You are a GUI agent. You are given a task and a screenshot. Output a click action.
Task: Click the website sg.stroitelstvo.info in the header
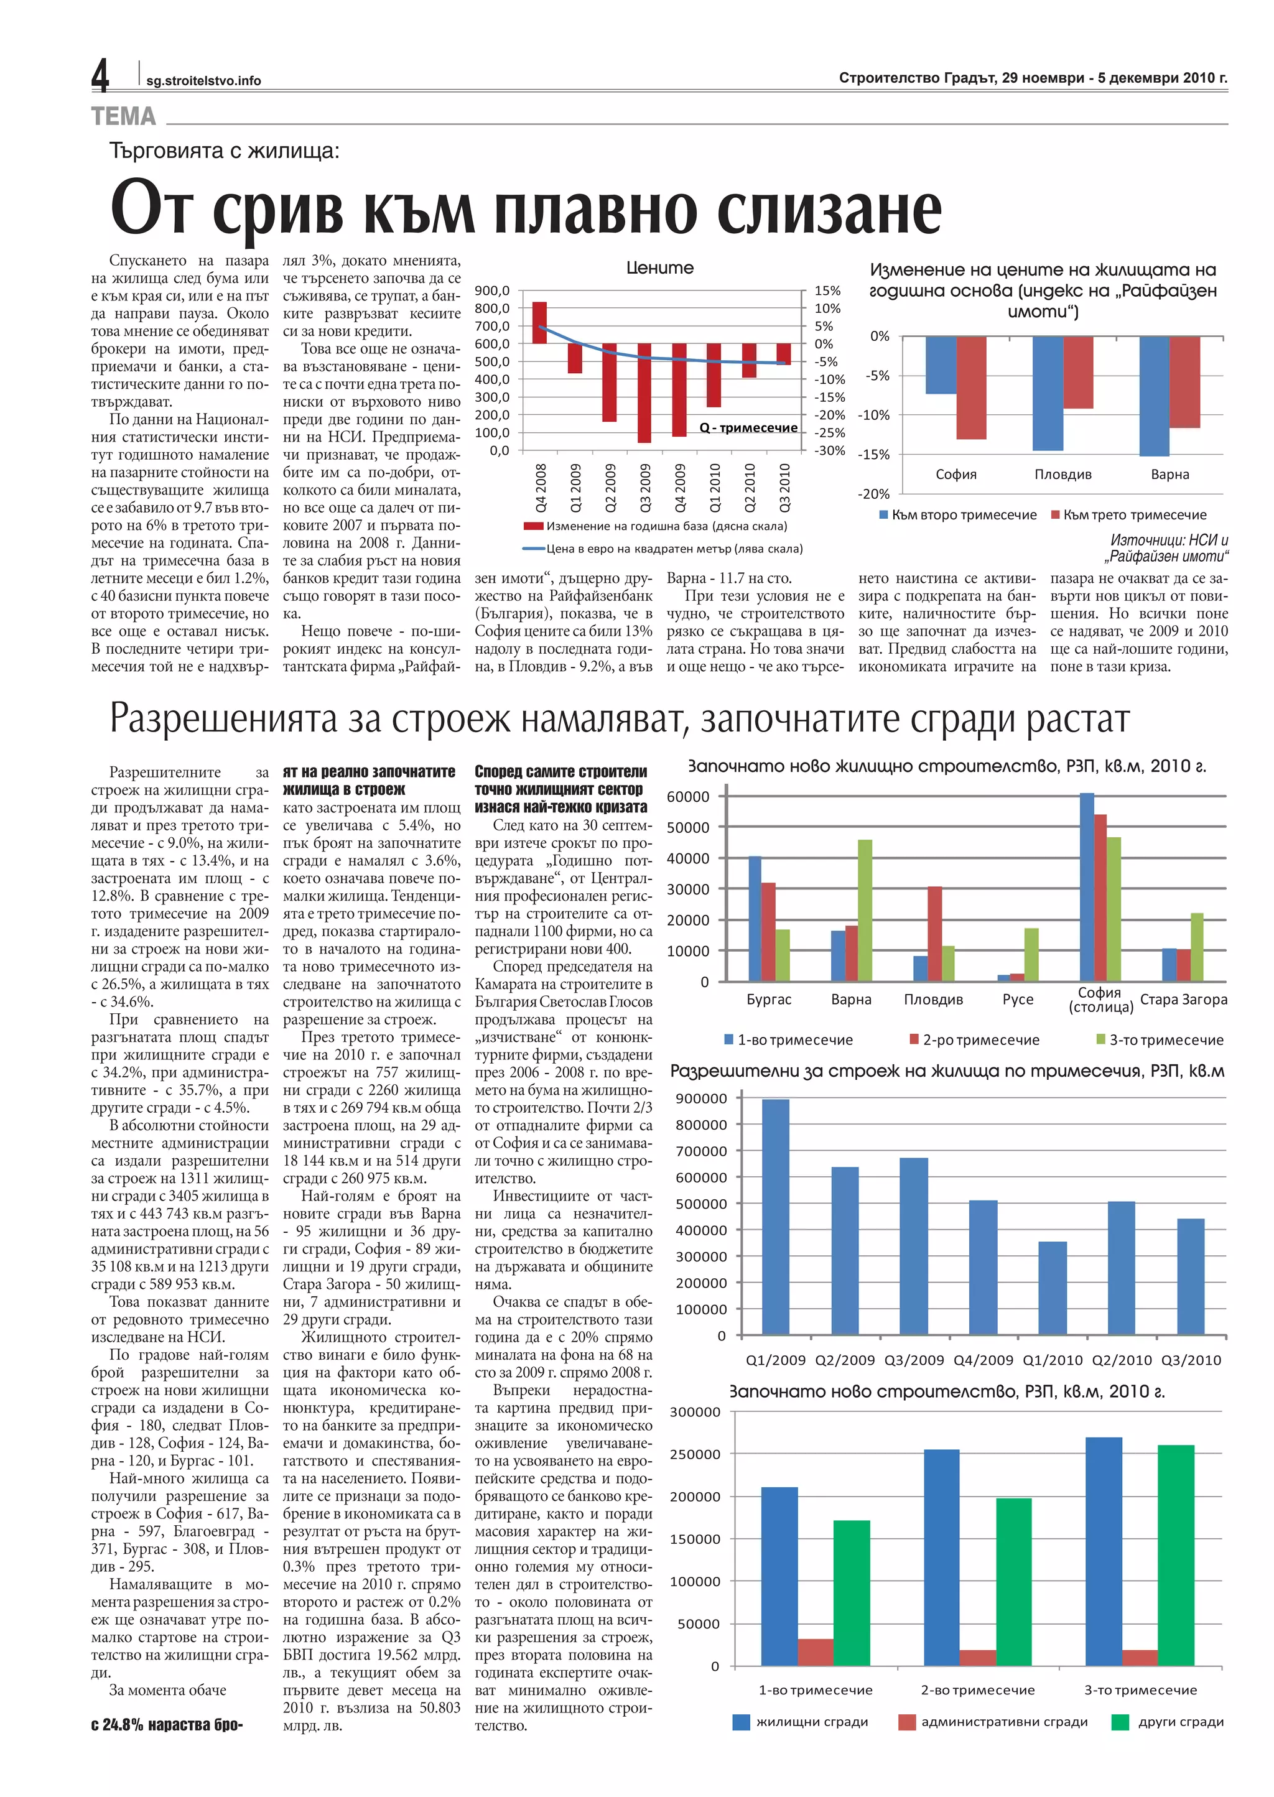pyautogui.click(x=203, y=81)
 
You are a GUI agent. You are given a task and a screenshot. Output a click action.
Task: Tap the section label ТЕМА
pyautogui.click(x=123, y=117)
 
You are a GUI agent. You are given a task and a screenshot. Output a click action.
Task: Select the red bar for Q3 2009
pyautogui.click(x=644, y=392)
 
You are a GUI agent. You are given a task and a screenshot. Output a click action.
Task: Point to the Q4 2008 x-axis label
pyautogui.click(x=541, y=488)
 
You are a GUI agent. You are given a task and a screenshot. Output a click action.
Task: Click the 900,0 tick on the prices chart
pyautogui.click(x=493, y=291)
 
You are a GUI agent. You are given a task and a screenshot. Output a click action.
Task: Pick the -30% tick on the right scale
pyautogui.click(x=829, y=451)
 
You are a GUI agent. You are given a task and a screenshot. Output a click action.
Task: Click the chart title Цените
pyautogui.click(x=660, y=268)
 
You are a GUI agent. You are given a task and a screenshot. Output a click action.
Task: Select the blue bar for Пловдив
pyautogui.click(x=1048, y=393)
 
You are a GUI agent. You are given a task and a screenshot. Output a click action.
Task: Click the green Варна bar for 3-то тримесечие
pyautogui.click(x=865, y=910)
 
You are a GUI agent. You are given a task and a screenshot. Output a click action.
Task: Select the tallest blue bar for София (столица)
pyautogui.click(x=1087, y=886)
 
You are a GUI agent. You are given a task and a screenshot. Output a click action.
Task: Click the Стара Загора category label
pyautogui.click(x=1183, y=1000)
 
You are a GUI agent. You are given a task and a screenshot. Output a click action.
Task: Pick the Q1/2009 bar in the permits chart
pyautogui.click(x=776, y=1217)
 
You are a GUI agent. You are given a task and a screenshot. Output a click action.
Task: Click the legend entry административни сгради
pyautogui.click(x=994, y=1722)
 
